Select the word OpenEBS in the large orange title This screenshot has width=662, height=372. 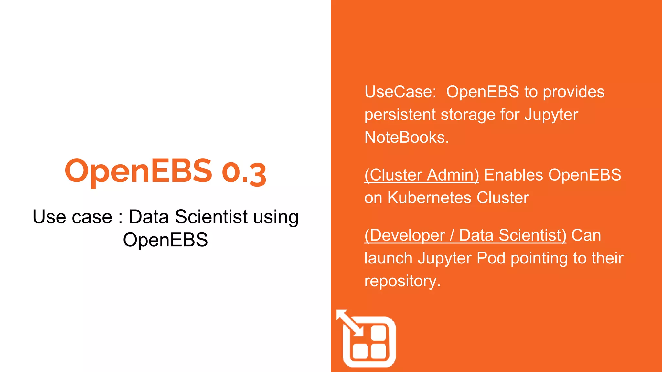(138, 171)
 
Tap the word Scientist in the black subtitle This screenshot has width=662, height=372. (211, 217)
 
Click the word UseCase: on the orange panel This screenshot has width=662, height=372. (400, 92)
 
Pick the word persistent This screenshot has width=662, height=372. (400, 115)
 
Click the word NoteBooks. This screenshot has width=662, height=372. (406, 138)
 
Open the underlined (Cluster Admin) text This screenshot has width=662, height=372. (422, 175)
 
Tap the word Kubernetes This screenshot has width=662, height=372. (430, 198)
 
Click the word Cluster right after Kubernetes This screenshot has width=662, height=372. (503, 198)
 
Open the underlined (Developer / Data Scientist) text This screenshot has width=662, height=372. (465, 235)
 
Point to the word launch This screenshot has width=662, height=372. (388, 258)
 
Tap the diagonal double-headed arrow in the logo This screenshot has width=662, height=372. (350, 323)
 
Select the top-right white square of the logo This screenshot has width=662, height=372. (379, 333)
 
